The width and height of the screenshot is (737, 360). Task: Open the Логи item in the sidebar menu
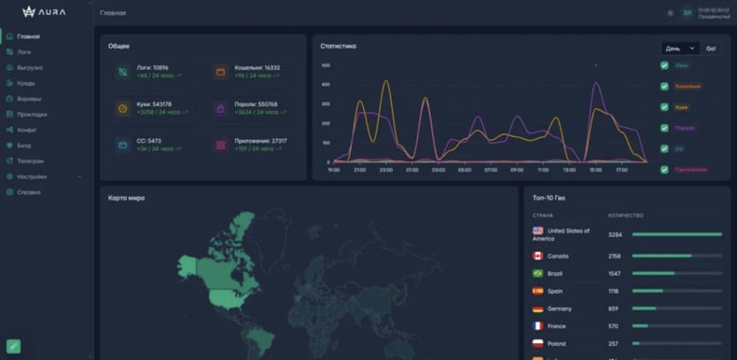point(24,52)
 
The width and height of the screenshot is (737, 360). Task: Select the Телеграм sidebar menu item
point(30,160)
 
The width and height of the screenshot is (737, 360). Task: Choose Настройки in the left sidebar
point(31,176)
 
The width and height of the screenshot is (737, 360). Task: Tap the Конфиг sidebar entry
point(27,130)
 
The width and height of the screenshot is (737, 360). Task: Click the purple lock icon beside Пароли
point(220,108)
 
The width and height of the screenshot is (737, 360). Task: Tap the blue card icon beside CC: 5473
point(122,145)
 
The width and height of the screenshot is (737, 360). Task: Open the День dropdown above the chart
point(680,48)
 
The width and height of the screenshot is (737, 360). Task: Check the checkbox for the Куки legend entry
point(664,107)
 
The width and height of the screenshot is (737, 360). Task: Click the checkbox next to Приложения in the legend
point(664,170)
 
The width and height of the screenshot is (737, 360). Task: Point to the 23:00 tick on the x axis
point(386,171)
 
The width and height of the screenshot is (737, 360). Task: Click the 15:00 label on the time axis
point(595,171)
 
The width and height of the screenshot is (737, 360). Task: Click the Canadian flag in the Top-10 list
point(538,256)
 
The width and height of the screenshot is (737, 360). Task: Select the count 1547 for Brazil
point(615,273)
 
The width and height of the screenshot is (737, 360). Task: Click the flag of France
point(538,325)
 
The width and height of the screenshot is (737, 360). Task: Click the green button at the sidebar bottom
point(13,346)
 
